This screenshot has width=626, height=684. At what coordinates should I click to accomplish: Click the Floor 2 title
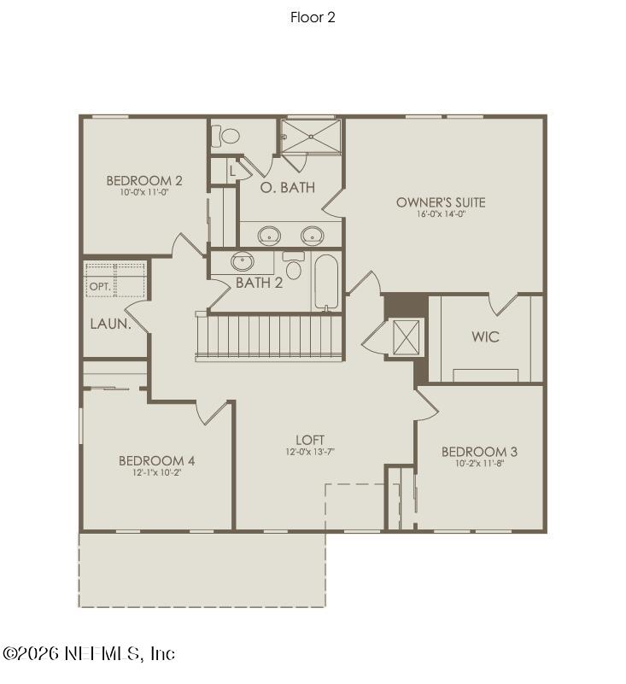tap(313, 17)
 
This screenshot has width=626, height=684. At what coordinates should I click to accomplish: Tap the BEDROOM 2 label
tap(144, 180)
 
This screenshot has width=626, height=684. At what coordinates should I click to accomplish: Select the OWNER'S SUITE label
tap(441, 202)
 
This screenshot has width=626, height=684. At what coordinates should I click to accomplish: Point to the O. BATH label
tap(287, 187)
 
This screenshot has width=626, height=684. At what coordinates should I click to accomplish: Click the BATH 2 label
tap(259, 283)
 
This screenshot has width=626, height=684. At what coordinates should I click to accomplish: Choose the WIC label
tap(485, 336)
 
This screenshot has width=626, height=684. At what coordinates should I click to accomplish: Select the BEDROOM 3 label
tap(479, 452)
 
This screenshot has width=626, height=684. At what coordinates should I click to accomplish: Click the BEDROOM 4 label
tap(156, 461)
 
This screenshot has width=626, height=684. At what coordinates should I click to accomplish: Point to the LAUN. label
tap(111, 324)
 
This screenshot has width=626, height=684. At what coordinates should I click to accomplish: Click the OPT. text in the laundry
tap(100, 287)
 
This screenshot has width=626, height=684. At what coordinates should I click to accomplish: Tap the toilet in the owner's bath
tap(230, 136)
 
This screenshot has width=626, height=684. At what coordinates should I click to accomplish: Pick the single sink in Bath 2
tap(243, 262)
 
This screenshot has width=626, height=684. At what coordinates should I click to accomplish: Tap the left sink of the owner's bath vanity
tap(270, 235)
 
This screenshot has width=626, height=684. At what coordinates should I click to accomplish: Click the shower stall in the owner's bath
tap(311, 136)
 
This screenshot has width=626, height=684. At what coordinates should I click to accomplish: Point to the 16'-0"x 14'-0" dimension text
tap(441, 214)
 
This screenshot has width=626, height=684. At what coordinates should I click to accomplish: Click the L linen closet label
tap(231, 171)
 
